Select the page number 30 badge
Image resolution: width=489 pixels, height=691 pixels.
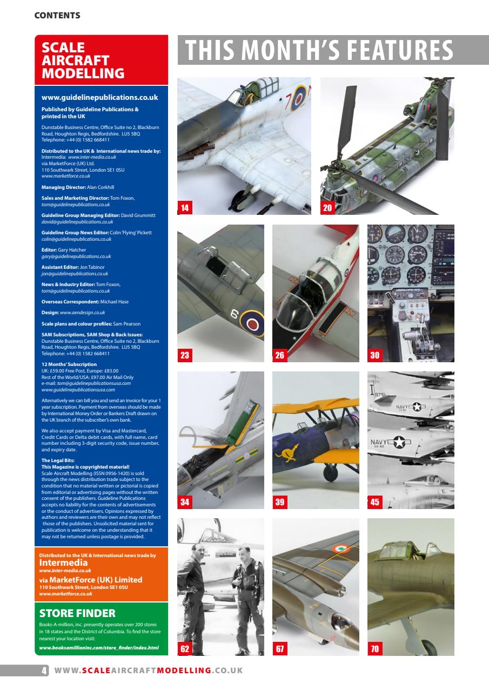click(x=375, y=355)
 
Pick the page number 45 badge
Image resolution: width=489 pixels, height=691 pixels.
click(x=375, y=502)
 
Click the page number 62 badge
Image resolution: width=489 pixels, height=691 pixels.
click(x=185, y=649)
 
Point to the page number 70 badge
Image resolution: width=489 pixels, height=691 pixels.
click(x=375, y=649)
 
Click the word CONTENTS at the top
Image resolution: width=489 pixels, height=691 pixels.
click(x=57, y=16)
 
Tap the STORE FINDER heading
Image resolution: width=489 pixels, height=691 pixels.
click(x=77, y=613)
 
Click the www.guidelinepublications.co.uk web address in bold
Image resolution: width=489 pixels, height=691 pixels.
click(x=99, y=98)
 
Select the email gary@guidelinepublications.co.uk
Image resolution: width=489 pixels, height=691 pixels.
click(x=76, y=256)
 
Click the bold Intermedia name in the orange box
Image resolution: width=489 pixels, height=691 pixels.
click(x=64, y=563)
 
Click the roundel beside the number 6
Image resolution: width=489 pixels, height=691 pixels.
click(x=252, y=325)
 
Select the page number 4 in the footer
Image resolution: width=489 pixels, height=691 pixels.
click(x=44, y=670)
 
